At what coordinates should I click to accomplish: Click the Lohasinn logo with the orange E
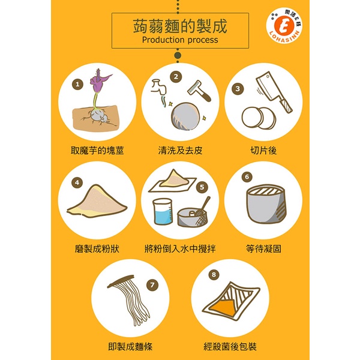coord(284,25)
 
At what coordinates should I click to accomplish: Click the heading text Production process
coord(180,40)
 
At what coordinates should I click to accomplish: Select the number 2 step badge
coord(176,77)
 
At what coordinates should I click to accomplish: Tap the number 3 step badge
coord(238,89)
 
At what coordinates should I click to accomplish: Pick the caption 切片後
coord(263,151)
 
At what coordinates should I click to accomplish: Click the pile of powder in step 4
coord(97,202)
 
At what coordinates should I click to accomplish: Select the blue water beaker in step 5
coord(163,212)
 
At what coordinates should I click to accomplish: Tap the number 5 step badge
coord(202,187)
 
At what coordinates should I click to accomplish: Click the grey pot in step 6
coord(266,204)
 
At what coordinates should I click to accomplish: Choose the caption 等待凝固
coord(263,248)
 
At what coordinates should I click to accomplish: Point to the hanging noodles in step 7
coord(130,299)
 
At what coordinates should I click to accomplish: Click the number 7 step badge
coord(152,285)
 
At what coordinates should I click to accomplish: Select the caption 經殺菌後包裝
coord(230,346)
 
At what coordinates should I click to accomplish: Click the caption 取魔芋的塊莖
coord(97,151)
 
